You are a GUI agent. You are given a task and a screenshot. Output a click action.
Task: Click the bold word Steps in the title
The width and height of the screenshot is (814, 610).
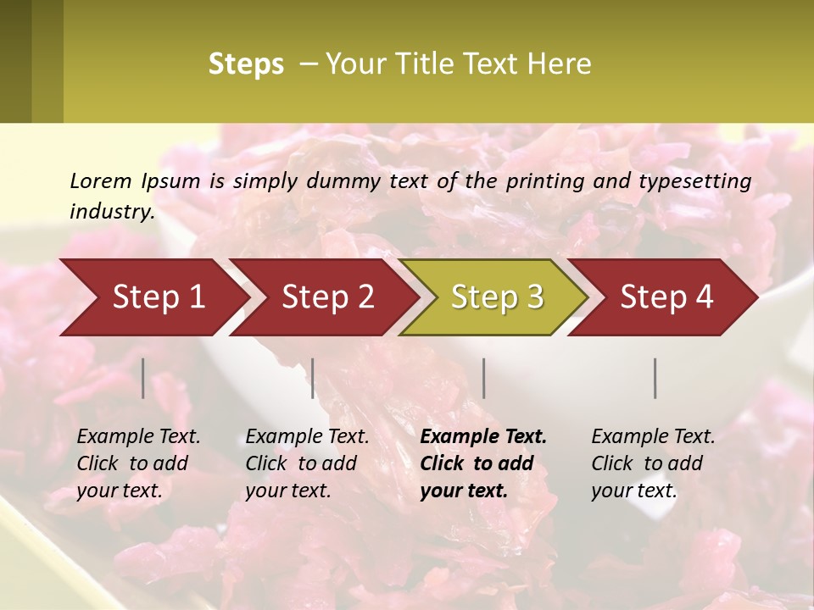(246, 64)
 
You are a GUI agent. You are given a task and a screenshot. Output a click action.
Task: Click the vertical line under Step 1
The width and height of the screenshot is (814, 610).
(143, 378)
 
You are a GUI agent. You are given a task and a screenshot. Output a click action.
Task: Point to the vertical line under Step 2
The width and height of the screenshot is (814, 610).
(313, 378)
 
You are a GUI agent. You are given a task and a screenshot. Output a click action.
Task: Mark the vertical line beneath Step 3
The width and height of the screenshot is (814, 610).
(484, 378)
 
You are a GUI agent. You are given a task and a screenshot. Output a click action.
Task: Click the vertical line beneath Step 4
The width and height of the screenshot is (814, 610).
(655, 378)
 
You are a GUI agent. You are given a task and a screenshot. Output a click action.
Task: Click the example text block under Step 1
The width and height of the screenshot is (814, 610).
(138, 463)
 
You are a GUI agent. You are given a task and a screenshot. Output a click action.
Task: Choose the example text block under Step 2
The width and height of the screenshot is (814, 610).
(307, 463)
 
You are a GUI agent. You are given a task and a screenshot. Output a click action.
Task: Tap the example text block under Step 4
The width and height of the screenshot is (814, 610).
(652, 463)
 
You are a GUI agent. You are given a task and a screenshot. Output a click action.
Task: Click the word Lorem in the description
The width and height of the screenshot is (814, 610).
(101, 180)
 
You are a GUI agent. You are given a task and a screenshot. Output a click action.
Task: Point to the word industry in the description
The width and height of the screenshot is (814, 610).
(111, 211)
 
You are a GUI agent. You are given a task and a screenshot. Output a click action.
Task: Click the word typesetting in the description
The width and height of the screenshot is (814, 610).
(700, 180)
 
